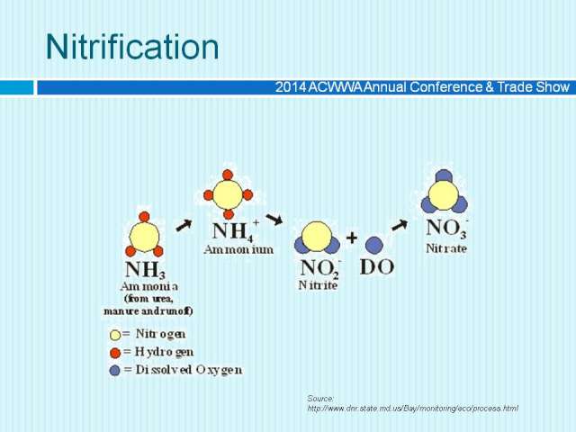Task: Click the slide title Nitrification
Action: pyautogui.click(x=132, y=47)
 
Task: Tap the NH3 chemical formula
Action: pyautogui.click(x=145, y=270)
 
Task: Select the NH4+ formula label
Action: pyautogui.click(x=236, y=230)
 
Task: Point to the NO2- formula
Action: pyautogui.click(x=320, y=268)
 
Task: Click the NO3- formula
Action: pyautogui.click(x=447, y=228)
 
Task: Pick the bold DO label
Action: pyautogui.click(x=377, y=267)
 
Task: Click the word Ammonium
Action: pyautogui.click(x=238, y=250)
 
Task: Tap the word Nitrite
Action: pyautogui.click(x=318, y=285)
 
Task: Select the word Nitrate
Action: pyautogui.click(x=446, y=248)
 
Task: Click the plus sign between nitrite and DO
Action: pyautogui.click(x=352, y=238)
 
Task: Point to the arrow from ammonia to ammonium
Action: pyautogui.click(x=184, y=225)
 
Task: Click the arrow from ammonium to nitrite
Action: pyautogui.click(x=274, y=219)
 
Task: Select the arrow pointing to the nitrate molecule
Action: pyautogui.click(x=400, y=225)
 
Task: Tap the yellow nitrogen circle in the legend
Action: pyautogui.click(x=115, y=335)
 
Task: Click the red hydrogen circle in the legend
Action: pyautogui.click(x=115, y=353)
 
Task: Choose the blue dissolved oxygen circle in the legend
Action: pyautogui.click(x=114, y=370)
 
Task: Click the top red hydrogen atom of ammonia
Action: pyautogui.click(x=144, y=217)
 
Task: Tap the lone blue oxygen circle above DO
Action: pyautogui.click(x=374, y=245)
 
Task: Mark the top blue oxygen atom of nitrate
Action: pyautogui.click(x=444, y=175)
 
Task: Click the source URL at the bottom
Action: pyautogui.click(x=413, y=408)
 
